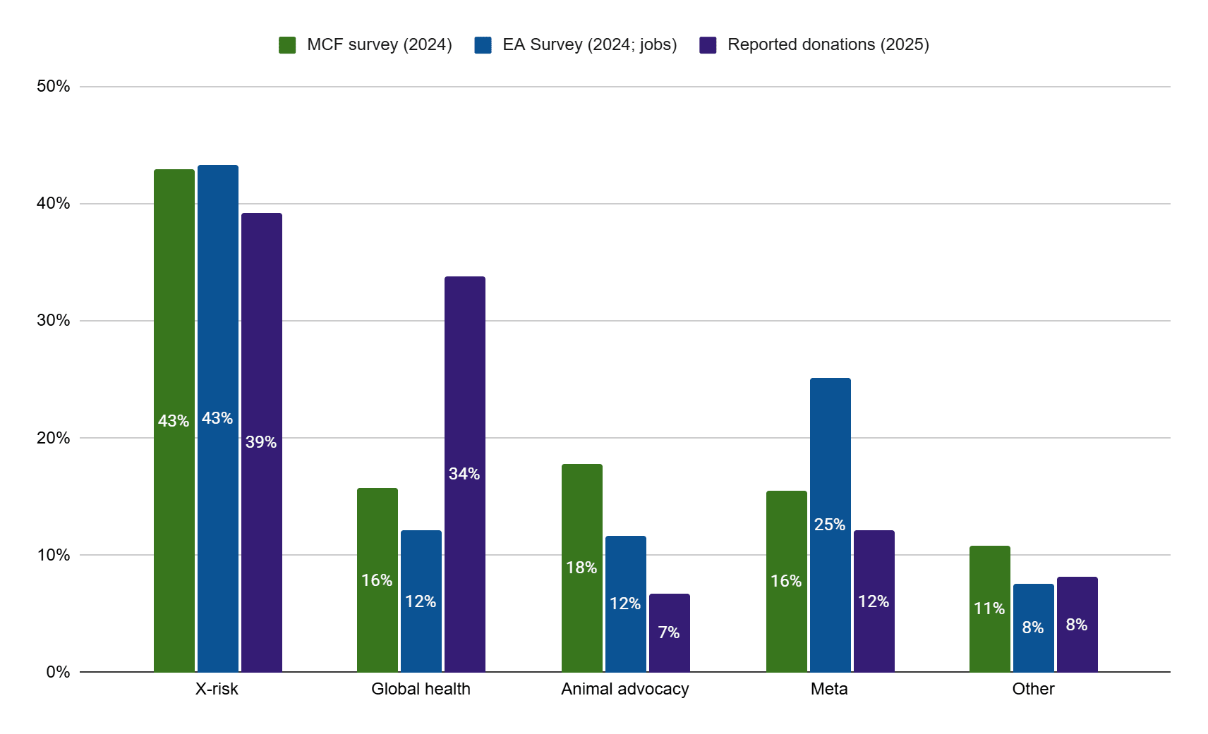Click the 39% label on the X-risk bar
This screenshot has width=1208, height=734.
[261, 442]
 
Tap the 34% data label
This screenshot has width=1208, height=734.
[464, 474]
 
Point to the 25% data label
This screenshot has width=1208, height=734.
[830, 525]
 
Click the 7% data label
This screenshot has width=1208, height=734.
[669, 632]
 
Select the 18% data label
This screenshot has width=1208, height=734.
[581, 568]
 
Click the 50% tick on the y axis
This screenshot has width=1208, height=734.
[54, 86]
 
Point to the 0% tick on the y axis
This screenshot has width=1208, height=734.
[58, 672]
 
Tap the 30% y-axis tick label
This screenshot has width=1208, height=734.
[54, 320]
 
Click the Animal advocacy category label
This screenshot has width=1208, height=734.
[624, 689]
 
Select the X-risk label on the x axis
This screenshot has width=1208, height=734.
[217, 689]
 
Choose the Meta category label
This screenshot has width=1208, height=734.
[829, 689]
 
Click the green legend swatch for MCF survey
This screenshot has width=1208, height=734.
[287, 45]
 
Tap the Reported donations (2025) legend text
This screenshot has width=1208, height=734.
[828, 44]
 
